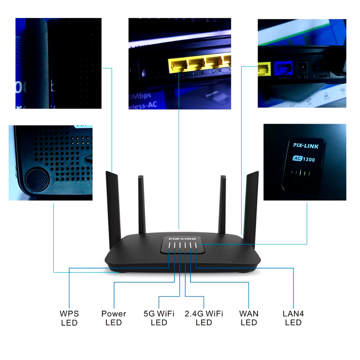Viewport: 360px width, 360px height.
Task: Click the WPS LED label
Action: click(x=69, y=318)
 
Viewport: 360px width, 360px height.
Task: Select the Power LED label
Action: click(x=114, y=318)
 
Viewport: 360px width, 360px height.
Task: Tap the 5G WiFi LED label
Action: click(x=159, y=318)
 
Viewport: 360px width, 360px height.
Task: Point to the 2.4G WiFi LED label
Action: click(x=204, y=318)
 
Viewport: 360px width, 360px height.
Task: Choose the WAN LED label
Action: click(x=249, y=318)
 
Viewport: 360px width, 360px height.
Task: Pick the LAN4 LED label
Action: click(x=293, y=318)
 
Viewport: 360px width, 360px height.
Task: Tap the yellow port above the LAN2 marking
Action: click(x=197, y=64)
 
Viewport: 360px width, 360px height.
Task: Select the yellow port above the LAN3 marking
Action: click(x=215, y=63)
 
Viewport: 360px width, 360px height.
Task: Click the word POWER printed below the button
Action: click(x=321, y=76)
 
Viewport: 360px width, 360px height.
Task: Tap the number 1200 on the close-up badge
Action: click(x=308, y=159)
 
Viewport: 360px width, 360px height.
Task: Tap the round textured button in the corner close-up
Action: click(x=37, y=179)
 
